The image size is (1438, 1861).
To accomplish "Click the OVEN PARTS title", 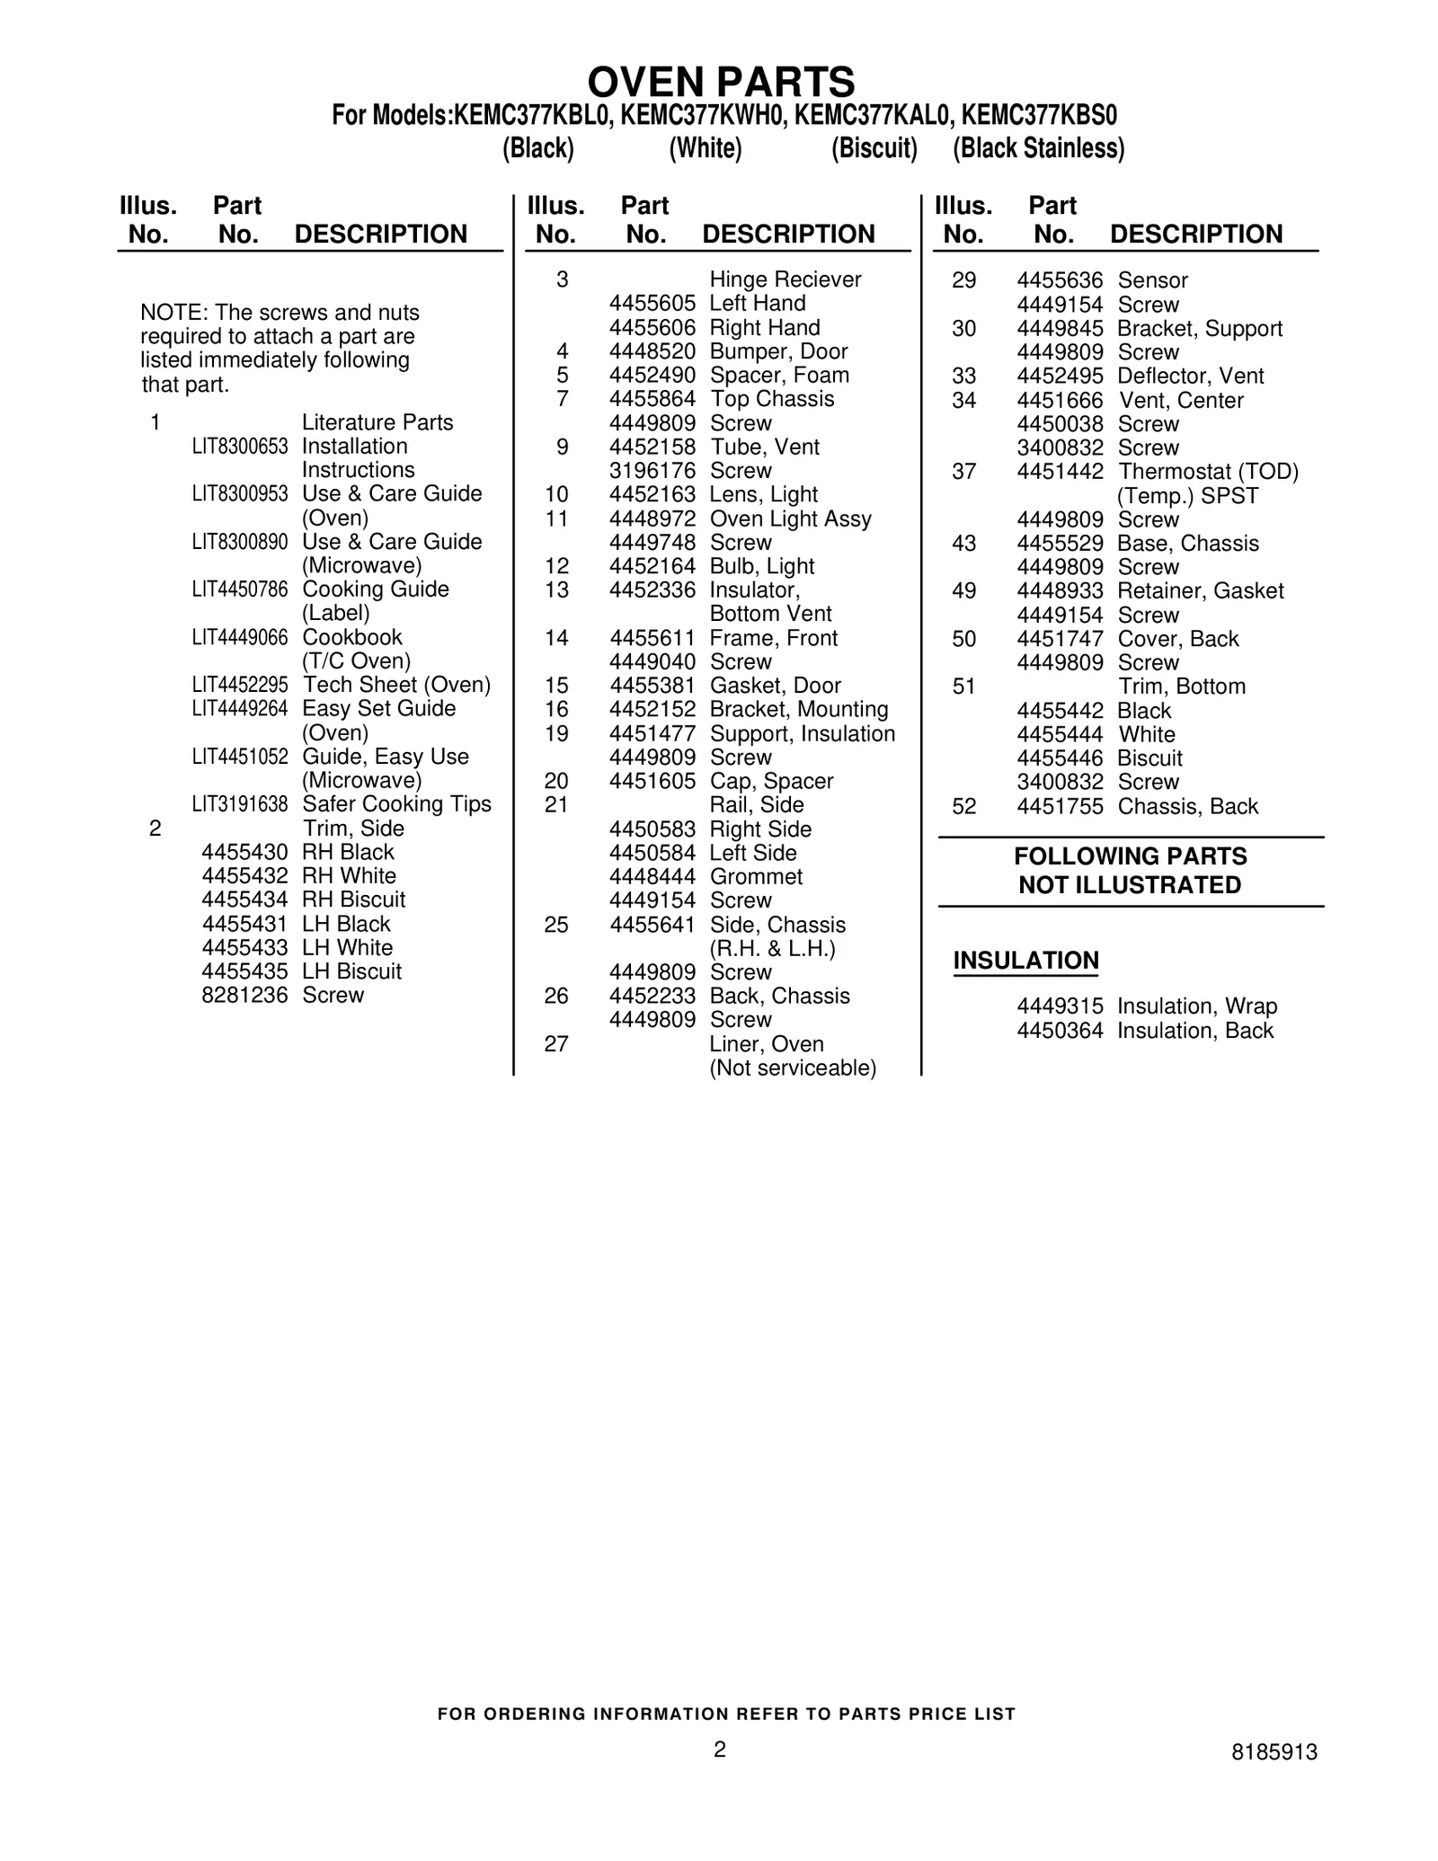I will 721,83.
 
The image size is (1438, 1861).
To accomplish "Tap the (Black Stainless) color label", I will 1038,148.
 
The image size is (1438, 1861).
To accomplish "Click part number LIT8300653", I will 239,447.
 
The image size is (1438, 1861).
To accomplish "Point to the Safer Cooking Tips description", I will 396,804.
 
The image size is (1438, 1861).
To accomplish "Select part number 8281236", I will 244,996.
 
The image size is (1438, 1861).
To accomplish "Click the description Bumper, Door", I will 778,351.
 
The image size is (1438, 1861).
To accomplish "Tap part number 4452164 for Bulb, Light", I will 652,567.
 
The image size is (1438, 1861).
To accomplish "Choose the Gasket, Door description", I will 775,686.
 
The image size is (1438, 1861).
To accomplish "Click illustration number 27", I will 556,1044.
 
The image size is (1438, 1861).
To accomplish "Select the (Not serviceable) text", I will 793,1068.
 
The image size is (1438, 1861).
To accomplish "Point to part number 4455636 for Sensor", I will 1060,280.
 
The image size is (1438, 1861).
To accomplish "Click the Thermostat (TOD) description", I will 1208,472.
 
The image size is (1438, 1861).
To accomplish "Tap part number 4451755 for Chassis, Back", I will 1060,807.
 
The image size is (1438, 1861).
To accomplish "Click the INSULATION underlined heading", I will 1025,961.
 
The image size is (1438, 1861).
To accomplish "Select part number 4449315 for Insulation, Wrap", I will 1060,1006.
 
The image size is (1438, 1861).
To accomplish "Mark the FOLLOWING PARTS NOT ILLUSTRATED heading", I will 1130,871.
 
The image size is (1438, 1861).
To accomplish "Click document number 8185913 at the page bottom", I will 1274,1752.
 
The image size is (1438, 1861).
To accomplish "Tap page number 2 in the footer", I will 719,1749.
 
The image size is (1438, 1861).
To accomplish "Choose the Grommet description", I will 756,877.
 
